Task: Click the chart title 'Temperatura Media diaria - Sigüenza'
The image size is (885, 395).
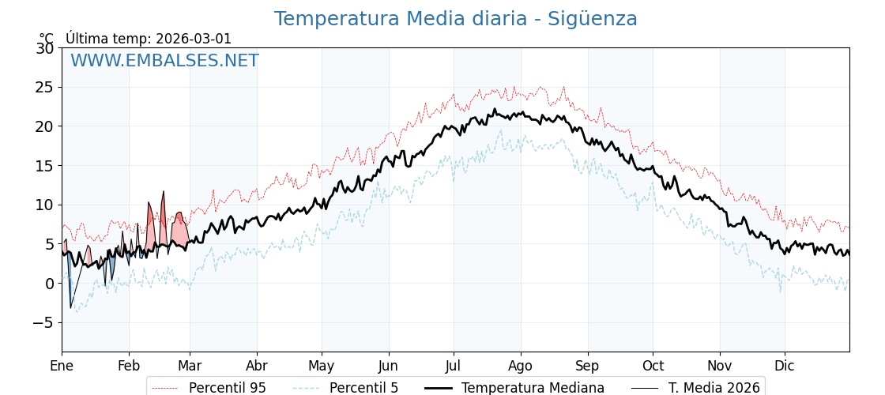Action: (455, 19)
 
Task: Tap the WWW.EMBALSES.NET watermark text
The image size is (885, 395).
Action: (164, 61)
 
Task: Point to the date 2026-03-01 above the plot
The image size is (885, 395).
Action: (194, 39)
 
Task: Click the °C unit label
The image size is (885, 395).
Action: (46, 39)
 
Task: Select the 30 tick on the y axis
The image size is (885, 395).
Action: (44, 48)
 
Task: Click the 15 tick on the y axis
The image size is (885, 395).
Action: (44, 166)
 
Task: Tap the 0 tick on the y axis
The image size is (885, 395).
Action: (49, 284)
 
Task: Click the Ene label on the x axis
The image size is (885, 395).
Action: (62, 367)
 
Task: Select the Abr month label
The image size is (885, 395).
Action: (257, 367)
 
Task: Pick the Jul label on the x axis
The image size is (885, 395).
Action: (454, 367)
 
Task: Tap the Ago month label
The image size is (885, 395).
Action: (521, 367)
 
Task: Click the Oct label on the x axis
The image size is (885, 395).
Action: (653, 367)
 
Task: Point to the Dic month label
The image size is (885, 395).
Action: (785, 367)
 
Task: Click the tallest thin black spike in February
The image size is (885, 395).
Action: (164, 191)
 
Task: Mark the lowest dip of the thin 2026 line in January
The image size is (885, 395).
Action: (70, 308)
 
